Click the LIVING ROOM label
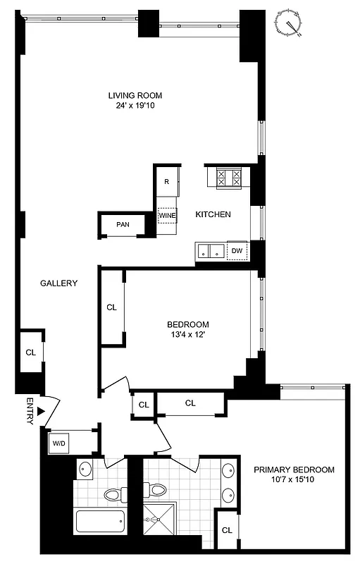135,96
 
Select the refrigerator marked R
166,182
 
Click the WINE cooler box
167,214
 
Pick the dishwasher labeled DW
237,250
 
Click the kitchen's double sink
210,250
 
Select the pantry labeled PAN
123,226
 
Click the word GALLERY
58,283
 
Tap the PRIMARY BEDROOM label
294,470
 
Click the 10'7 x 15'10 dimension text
294,482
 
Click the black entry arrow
42,411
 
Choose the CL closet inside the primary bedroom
227,530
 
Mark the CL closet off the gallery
30,352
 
